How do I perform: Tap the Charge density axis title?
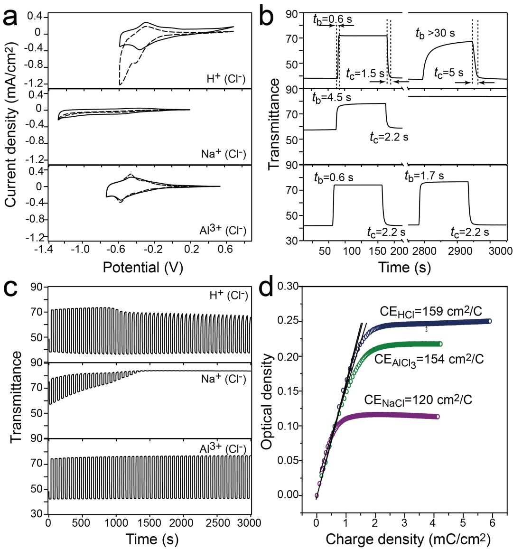pos(408,539)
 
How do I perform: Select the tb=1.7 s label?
pos(424,176)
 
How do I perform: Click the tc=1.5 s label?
pos(364,74)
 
